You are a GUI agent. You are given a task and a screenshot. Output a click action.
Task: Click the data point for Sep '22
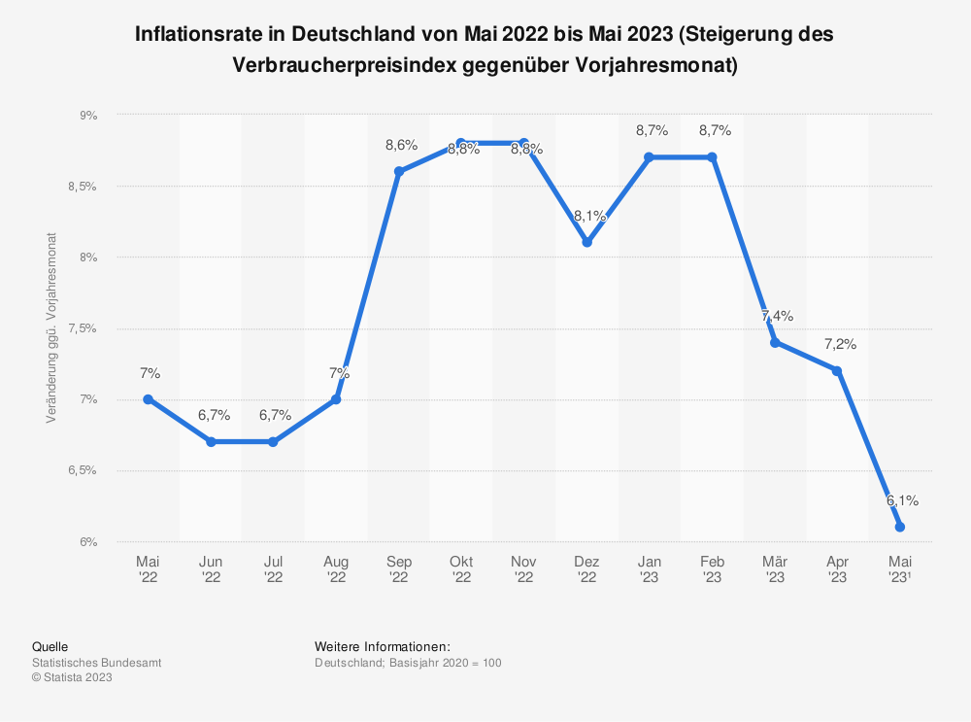[398, 171]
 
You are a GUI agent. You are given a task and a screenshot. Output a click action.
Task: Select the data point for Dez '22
[586, 242]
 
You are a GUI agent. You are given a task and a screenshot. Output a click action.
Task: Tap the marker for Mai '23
[900, 527]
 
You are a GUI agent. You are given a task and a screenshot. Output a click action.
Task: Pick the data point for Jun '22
[211, 441]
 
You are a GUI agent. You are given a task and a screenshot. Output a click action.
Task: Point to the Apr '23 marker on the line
[837, 370]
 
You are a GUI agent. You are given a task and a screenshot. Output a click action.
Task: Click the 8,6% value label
[401, 146]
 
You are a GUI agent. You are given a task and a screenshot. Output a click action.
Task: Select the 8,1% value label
[589, 216]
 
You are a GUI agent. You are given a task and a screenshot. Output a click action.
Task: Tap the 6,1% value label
[902, 500]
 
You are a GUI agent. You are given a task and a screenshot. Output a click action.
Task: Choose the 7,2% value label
[840, 344]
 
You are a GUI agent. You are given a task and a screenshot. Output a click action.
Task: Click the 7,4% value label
[777, 316]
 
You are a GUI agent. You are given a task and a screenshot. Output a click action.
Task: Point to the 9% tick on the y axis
[89, 115]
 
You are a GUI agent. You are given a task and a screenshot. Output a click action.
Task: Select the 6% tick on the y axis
[89, 541]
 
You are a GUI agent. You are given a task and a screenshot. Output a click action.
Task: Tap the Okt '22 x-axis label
[461, 569]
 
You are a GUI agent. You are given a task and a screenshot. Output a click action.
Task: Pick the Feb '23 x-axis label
[712, 569]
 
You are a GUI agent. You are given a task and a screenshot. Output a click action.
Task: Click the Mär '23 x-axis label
[775, 569]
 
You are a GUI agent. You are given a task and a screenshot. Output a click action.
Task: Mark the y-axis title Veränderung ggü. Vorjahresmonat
[50, 328]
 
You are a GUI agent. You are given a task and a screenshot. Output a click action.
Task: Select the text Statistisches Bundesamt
[97, 663]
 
